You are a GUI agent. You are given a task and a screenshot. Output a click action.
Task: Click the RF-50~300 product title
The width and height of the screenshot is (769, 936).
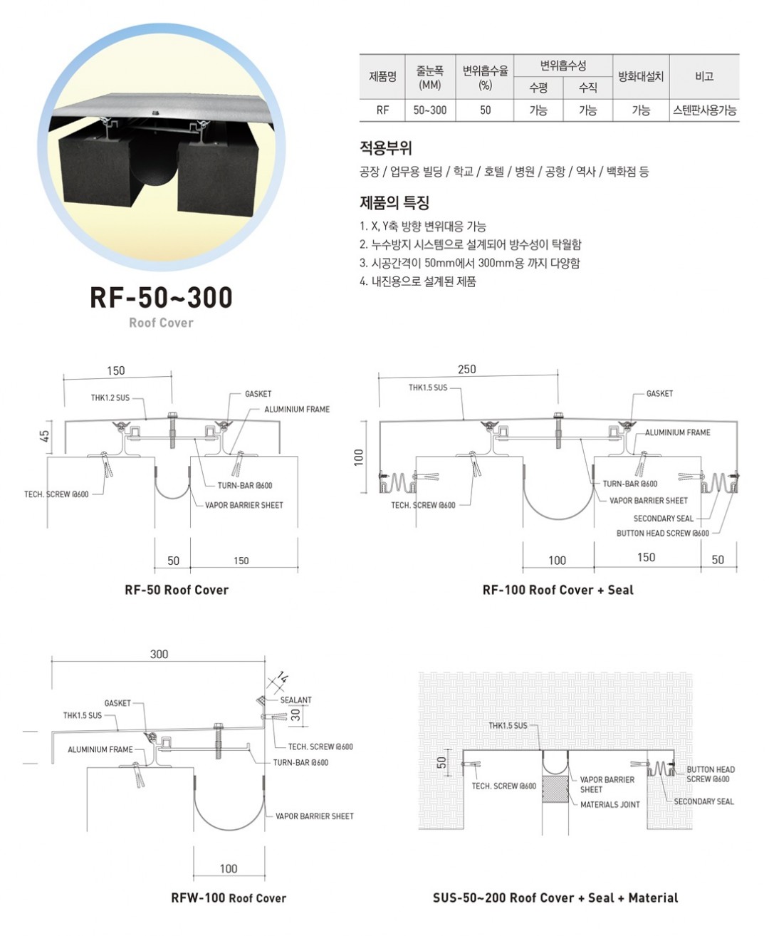[x=161, y=297]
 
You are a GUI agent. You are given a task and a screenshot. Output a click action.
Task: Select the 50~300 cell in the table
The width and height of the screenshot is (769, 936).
[x=429, y=110]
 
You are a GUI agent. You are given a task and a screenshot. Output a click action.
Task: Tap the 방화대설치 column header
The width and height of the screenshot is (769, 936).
[x=641, y=76]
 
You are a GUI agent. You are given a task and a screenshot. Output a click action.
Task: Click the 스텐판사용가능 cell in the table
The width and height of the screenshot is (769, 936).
[x=704, y=110]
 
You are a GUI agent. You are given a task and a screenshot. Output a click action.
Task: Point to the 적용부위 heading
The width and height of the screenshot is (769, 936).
[x=386, y=147]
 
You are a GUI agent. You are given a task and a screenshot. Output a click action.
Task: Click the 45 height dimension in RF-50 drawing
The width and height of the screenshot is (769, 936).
[x=45, y=436]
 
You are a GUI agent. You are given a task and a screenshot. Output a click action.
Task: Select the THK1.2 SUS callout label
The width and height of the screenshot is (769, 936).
[x=110, y=397]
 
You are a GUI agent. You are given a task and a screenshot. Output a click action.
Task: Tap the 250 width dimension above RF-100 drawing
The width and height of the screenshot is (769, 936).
[x=467, y=369]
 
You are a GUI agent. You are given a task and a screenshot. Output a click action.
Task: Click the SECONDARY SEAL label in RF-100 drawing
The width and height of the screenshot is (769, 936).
[x=663, y=519]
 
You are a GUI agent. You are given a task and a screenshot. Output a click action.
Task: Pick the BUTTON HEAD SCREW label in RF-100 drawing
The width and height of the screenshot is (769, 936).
[x=662, y=533]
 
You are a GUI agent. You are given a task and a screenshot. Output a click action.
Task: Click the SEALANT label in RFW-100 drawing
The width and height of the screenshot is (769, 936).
[x=295, y=700]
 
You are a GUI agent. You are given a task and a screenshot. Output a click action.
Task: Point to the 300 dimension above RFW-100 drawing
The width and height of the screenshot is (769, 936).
[x=159, y=654]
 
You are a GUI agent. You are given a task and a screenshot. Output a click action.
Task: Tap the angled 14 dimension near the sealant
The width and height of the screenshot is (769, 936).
[x=283, y=677]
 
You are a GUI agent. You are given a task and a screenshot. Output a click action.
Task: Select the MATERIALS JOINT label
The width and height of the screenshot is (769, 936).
[x=610, y=805]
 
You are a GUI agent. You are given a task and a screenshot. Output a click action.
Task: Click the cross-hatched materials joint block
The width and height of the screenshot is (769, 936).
[x=555, y=789]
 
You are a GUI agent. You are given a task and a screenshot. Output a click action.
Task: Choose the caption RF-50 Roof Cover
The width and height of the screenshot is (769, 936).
[x=177, y=590]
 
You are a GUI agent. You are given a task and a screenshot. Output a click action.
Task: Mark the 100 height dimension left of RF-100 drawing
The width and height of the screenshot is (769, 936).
[x=359, y=457]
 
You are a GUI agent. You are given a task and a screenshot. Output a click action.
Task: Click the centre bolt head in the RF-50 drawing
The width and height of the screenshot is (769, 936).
[x=172, y=415]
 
